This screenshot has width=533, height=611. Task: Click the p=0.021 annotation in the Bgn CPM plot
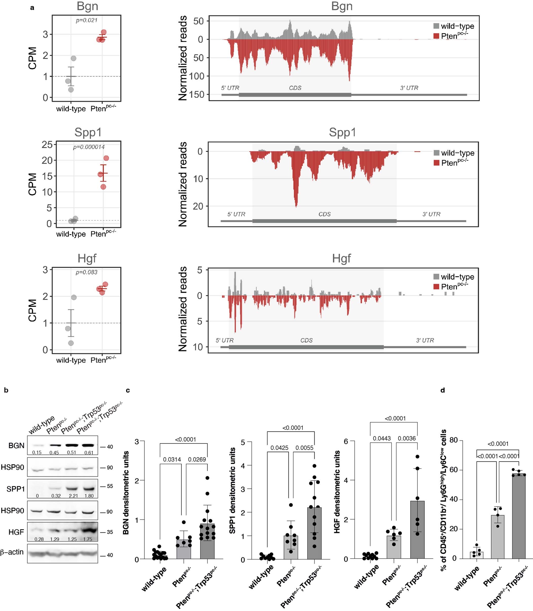coord(86,21)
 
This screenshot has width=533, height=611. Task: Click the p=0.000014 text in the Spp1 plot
coord(89,147)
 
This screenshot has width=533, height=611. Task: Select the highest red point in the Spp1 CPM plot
coord(106,158)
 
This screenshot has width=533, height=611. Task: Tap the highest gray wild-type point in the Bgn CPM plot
coord(73,58)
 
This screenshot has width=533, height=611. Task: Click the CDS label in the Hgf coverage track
coord(306,340)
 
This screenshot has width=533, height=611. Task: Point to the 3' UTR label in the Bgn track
coord(409,88)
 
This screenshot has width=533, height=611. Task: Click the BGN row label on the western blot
coord(16,445)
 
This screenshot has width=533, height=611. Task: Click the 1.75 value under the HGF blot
coord(88,539)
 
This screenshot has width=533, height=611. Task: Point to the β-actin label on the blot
coord(12,552)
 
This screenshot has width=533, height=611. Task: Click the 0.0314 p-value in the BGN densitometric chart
coord(172,459)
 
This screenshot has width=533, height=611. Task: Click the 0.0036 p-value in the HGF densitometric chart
coord(407,438)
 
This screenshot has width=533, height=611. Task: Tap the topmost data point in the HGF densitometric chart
coord(417,456)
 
